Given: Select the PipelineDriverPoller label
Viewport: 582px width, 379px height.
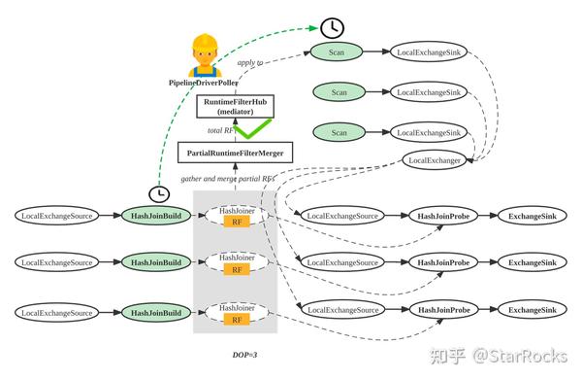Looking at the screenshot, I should click(x=205, y=84).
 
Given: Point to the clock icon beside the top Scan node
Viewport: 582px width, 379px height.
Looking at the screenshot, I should click(x=332, y=28).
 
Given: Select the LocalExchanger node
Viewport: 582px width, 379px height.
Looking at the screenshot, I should click(x=434, y=158).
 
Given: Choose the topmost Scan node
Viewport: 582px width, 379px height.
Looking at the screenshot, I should click(x=339, y=51).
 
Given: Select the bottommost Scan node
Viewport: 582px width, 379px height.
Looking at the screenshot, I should click(x=339, y=132).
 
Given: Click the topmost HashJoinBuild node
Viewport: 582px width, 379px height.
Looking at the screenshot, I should click(x=155, y=215).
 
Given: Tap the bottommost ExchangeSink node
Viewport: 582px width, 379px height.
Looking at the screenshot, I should click(x=533, y=310).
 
